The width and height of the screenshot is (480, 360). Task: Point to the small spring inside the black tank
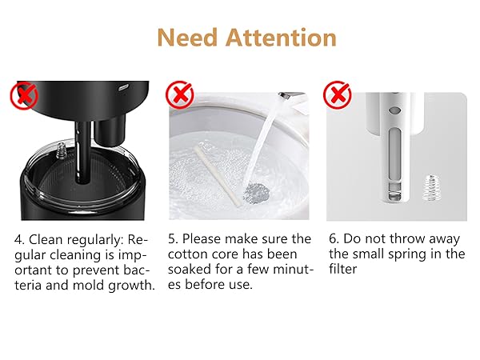(x=59, y=150)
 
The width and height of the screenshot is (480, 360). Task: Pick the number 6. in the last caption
(x=334, y=240)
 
